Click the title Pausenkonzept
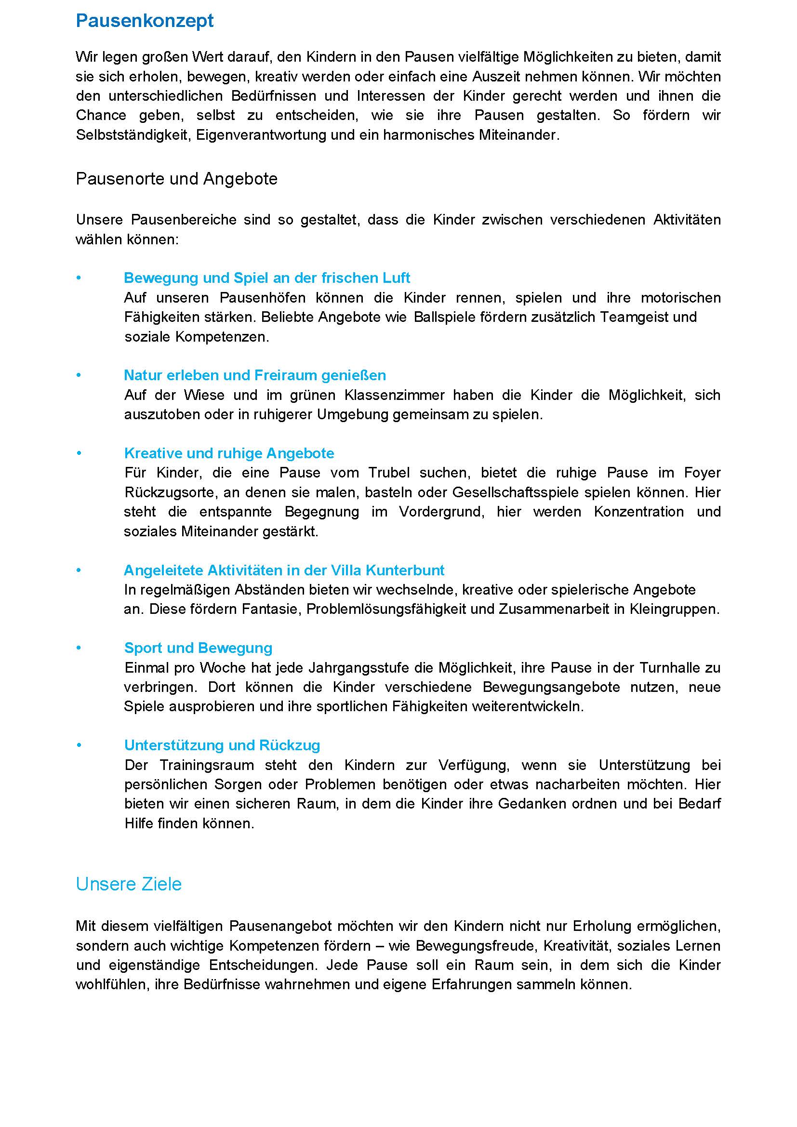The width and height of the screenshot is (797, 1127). (x=145, y=21)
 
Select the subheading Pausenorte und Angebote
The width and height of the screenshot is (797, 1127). (x=177, y=179)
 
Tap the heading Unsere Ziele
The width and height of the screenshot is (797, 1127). (x=129, y=884)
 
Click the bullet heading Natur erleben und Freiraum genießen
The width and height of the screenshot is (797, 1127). (x=255, y=375)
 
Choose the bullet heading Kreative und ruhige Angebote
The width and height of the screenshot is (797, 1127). (x=229, y=453)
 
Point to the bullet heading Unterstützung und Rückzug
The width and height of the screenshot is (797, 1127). (x=222, y=745)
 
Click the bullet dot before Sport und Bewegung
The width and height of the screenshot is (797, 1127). (x=79, y=648)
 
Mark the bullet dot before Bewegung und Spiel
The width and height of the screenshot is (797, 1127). (x=79, y=278)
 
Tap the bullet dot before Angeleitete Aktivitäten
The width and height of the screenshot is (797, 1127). (x=79, y=570)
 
